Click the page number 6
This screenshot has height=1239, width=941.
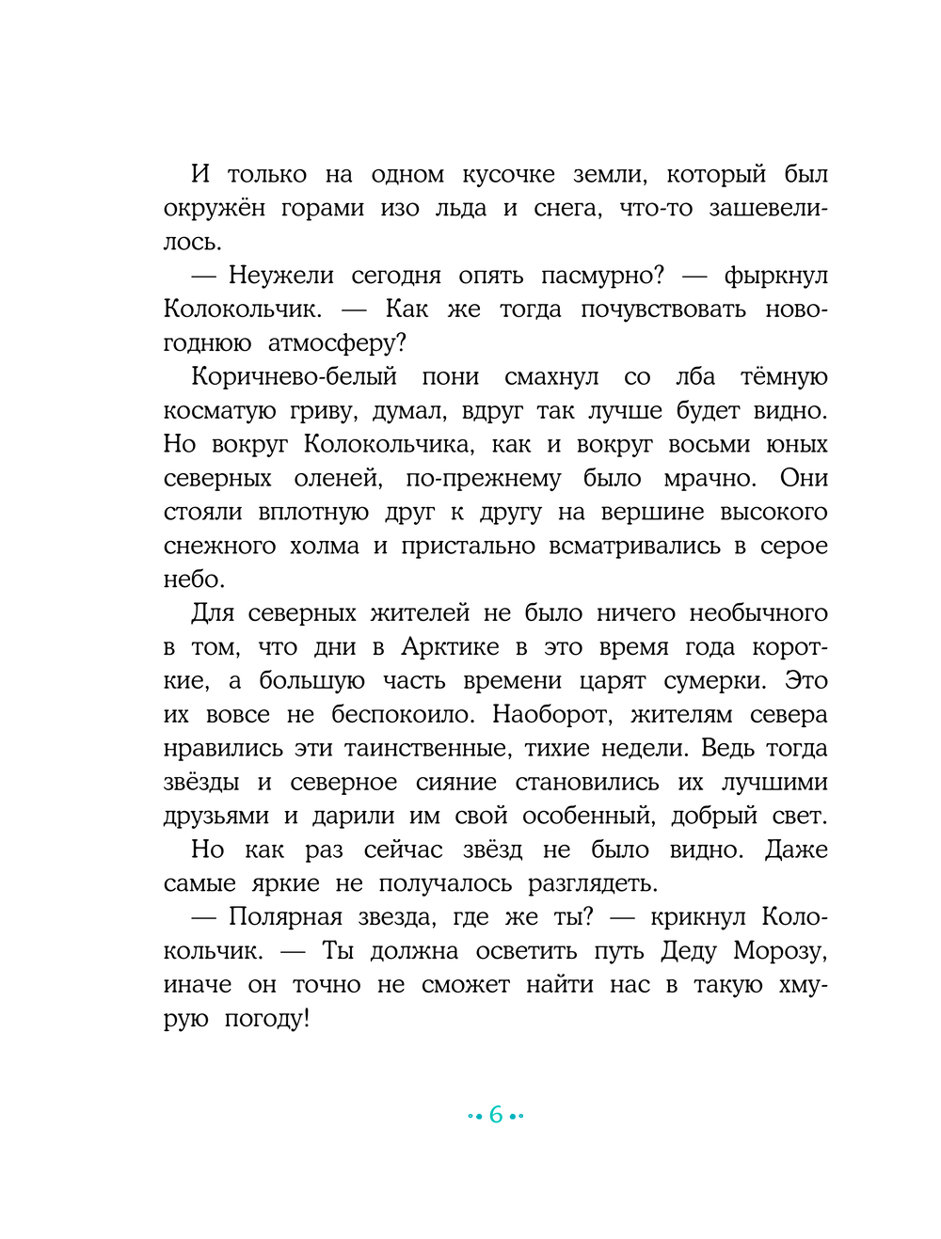496,1116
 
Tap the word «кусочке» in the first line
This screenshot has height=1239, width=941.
508,175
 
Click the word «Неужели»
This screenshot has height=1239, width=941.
281,276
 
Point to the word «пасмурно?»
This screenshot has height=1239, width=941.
602,276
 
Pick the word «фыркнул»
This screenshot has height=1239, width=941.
775,276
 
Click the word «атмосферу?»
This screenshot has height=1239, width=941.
337,343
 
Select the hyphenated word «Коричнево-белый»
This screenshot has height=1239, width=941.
294,377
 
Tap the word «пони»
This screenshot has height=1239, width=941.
451,377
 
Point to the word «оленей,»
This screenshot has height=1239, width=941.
338,479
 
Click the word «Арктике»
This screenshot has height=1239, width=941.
450,647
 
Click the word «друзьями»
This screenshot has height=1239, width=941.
216,817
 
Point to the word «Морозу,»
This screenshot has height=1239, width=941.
780,951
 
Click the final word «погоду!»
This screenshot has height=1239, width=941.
267,1019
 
